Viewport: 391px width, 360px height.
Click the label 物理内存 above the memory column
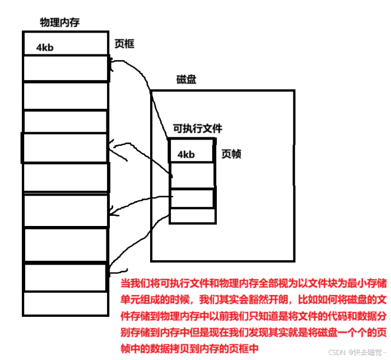pyautogui.click(x=59, y=22)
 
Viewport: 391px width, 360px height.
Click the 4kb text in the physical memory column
pyautogui.click(x=45, y=48)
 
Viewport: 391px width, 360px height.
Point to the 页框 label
pyautogui.click(x=124, y=44)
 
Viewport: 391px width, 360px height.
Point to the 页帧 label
pyautogui.click(x=231, y=154)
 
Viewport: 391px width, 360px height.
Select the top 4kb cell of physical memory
pyautogui.click(x=66, y=43)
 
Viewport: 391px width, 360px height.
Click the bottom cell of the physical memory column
pyautogui.click(x=65, y=303)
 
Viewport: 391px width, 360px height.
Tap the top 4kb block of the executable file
pyautogui.click(x=192, y=151)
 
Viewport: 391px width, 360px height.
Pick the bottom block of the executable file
pyautogui.click(x=192, y=215)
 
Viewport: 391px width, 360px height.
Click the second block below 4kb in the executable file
pyautogui.click(x=192, y=198)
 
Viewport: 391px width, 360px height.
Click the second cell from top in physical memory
pyautogui.click(x=65, y=68)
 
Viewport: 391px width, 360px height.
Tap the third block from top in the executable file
pyautogui.click(x=192, y=198)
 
